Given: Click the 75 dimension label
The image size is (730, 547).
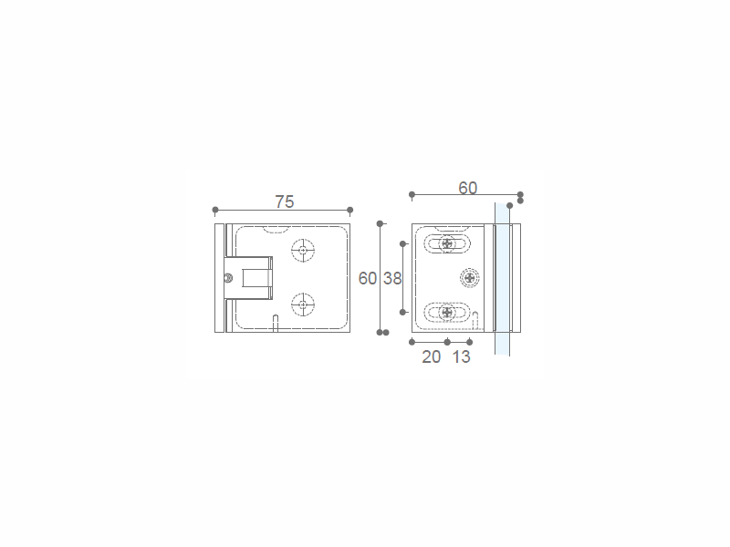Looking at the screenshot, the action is coord(285,201).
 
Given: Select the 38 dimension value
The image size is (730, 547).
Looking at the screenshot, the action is coord(392,278).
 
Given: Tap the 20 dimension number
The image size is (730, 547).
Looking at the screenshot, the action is coord(431,356).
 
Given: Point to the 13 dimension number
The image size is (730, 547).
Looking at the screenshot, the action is coord(462,356).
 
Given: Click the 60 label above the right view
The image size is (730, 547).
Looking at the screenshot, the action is coord(467,188).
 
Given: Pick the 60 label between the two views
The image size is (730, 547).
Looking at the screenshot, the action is coord(368,278).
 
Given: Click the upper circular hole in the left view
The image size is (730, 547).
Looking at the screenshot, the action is coord(303,250).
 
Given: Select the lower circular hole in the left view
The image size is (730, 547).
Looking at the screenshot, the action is coord(303,304).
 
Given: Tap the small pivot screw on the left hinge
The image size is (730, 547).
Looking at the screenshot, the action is coord(228,278).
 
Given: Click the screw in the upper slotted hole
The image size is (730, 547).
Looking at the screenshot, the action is coord(447,243).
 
